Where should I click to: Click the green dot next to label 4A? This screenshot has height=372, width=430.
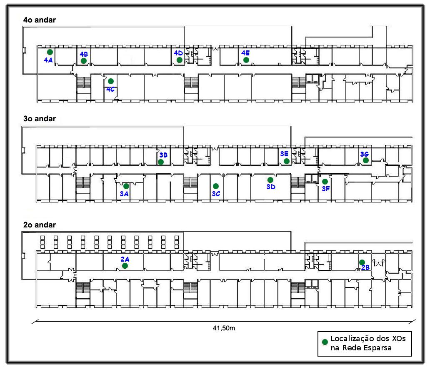(50, 52)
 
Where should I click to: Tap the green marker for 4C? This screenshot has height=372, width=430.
(111, 81)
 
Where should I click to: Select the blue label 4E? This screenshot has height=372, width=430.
(245, 53)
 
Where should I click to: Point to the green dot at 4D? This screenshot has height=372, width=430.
(179, 60)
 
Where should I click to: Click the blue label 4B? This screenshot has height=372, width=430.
(83, 54)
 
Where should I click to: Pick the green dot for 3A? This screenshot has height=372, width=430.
(126, 186)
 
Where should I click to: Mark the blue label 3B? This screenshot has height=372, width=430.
(163, 155)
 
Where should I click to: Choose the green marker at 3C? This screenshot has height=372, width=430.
(215, 186)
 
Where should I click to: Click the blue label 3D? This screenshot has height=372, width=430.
(271, 187)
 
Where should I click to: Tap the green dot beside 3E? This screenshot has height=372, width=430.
(287, 161)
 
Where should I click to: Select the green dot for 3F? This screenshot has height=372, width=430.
(325, 182)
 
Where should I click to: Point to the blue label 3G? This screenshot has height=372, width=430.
(365, 154)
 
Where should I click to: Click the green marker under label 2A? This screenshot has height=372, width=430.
(125, 266)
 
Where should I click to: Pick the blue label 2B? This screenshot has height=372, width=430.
(365, 268)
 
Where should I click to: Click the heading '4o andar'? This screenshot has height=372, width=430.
(40, 20)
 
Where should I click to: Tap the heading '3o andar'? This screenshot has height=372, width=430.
(40, 119)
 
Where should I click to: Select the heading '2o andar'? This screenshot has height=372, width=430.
(40, 225)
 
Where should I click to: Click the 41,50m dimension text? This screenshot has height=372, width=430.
(224, 328)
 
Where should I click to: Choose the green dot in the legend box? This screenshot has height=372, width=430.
(325, 342)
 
